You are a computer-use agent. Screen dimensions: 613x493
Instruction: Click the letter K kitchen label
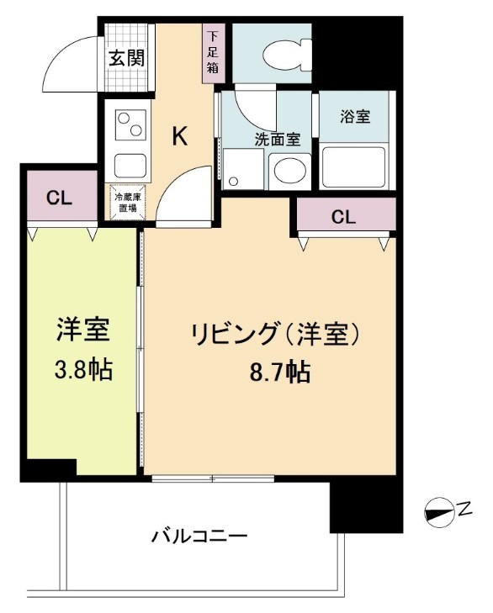click(180, 137)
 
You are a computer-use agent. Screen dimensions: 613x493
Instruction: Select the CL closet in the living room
click(342, 217)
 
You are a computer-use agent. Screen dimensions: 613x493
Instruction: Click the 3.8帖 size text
click(82, 368)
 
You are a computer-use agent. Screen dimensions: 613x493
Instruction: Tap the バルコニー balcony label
click(199, 536)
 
